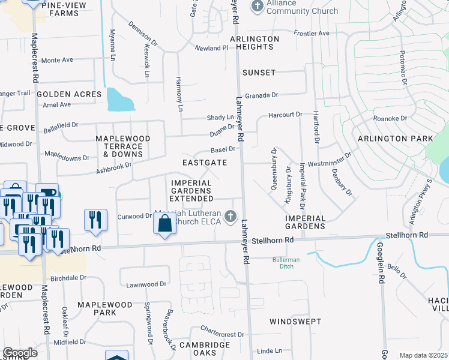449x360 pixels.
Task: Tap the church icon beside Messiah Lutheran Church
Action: pyautogui.click(x=230, y=216)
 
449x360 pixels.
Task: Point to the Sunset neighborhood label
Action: pyautogui.click(x=259, y=73)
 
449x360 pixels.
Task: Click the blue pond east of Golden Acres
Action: pyautogui.click(x=121, y=100)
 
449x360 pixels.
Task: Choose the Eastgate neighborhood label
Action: pyautogui.click(x=205, y=163)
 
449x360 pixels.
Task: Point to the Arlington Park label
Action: pyautogui.click(x=395, y=139)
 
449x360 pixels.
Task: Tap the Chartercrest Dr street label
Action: pyautogui.click(x=222, y=334)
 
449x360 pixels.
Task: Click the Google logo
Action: pyautogui.click(x=20, y=353)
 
